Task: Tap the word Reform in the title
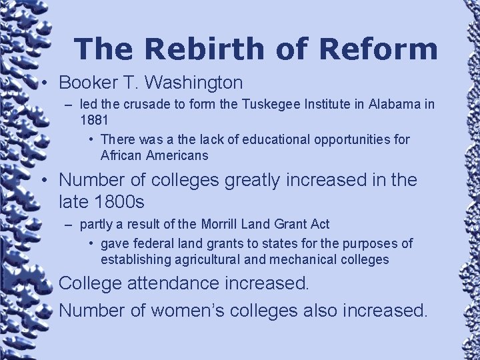(x=379, y=49)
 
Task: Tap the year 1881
(x=93, y=121)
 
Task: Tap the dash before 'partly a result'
(x=69, y=225)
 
